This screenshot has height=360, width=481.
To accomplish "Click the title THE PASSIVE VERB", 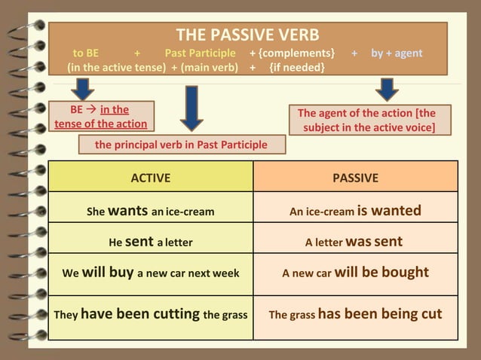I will pyautogui.click(x=247, y=35).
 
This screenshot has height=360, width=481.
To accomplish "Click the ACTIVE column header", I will pyautogui.click(x=151, y=178).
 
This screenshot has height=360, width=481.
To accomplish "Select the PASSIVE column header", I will pyautogui.click(x=355, y=178).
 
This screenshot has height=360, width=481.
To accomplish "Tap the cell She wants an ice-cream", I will pyautogui.click(x=151, y=211).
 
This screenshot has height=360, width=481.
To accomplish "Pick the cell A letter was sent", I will pyautogui.click(x=354, y=242).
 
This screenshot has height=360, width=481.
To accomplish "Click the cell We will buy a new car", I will pyautogui.click(x=151, y=273).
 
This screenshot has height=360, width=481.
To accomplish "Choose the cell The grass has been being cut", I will pyautogui.click(x=355, y=314).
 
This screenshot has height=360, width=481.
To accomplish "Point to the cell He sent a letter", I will pyautogui.click(x=151, y=242).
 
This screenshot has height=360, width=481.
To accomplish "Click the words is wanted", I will pyautogui.click(x=389, y=211).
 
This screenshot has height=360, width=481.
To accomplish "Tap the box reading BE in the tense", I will pyautogui.click(x=100, y=117).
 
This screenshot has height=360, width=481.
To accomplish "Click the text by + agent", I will pyautogui.click(x=397, y=53).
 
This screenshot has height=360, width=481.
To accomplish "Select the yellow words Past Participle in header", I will pyautogui.click(x=200, y=53).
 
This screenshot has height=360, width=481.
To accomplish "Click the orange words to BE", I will pyautogui.click(x=85, y=53).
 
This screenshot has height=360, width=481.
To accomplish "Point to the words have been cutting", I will pyautogui.click(x=140, y=314).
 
